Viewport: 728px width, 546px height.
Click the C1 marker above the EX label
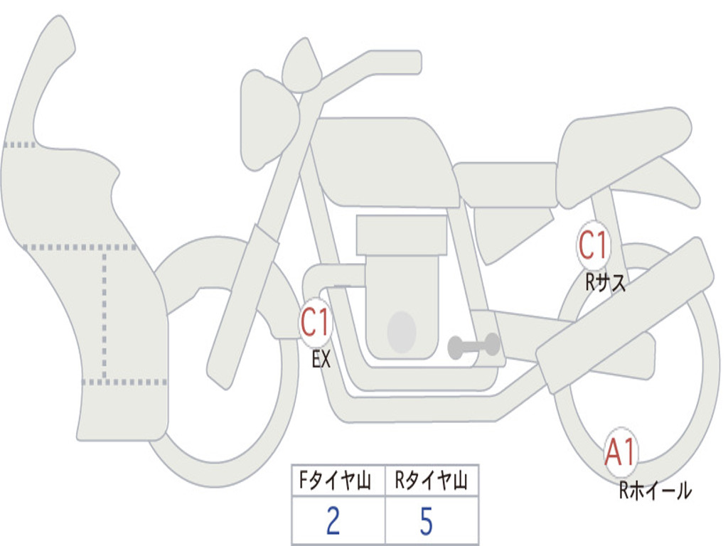coord(315,322)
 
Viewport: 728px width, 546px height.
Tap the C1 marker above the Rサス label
coord(593,245)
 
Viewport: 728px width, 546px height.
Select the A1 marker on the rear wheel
coord(620,452)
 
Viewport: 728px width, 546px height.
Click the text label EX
coord(321,359)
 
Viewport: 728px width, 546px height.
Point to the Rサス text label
coord(605,282)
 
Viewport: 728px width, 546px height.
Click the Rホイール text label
coord(655,491)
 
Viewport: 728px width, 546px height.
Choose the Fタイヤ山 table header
coord(335,480)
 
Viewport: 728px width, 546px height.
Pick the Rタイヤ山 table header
coord(431,480)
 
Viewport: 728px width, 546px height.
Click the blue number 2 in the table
coord(333,520)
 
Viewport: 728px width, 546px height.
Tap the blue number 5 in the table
coord(427,520)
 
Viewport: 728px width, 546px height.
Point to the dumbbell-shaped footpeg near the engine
coord(473,346)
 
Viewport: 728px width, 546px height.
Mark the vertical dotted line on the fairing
coord(105,315)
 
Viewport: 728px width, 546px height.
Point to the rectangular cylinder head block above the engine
coord(401,235)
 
